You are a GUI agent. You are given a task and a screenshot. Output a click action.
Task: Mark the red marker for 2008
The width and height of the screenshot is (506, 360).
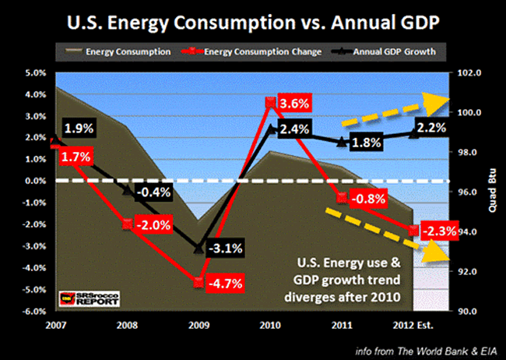point(127,224)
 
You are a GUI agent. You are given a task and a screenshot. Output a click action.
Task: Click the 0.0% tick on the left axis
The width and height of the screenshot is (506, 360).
point(19,182)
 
